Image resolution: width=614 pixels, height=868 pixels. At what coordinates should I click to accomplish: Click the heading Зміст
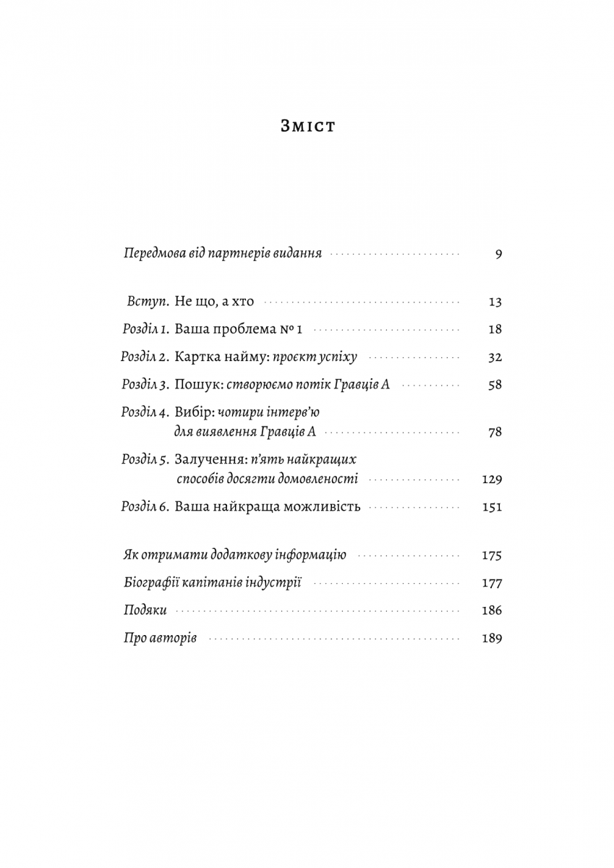point(307,127)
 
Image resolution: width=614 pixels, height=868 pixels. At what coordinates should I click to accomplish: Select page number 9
point(498,255)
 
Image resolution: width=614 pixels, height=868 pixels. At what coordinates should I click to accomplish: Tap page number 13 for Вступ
point(495,302)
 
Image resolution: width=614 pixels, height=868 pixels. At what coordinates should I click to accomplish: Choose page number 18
point(495,329)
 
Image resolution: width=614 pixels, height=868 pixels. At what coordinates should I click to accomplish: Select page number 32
point(495,357)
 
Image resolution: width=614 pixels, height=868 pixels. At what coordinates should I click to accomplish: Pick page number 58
point(495,385)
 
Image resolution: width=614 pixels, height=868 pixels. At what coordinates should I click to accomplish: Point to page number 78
point(495,433)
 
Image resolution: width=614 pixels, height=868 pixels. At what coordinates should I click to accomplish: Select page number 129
point(492,480)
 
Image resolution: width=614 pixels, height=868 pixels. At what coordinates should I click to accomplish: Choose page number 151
point(492,507)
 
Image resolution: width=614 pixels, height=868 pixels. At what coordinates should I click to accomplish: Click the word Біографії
point(150,583)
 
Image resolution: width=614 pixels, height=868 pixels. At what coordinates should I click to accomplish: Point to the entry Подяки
point(146,610)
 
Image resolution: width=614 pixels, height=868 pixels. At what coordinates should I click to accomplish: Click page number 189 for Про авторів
point(492,639)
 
